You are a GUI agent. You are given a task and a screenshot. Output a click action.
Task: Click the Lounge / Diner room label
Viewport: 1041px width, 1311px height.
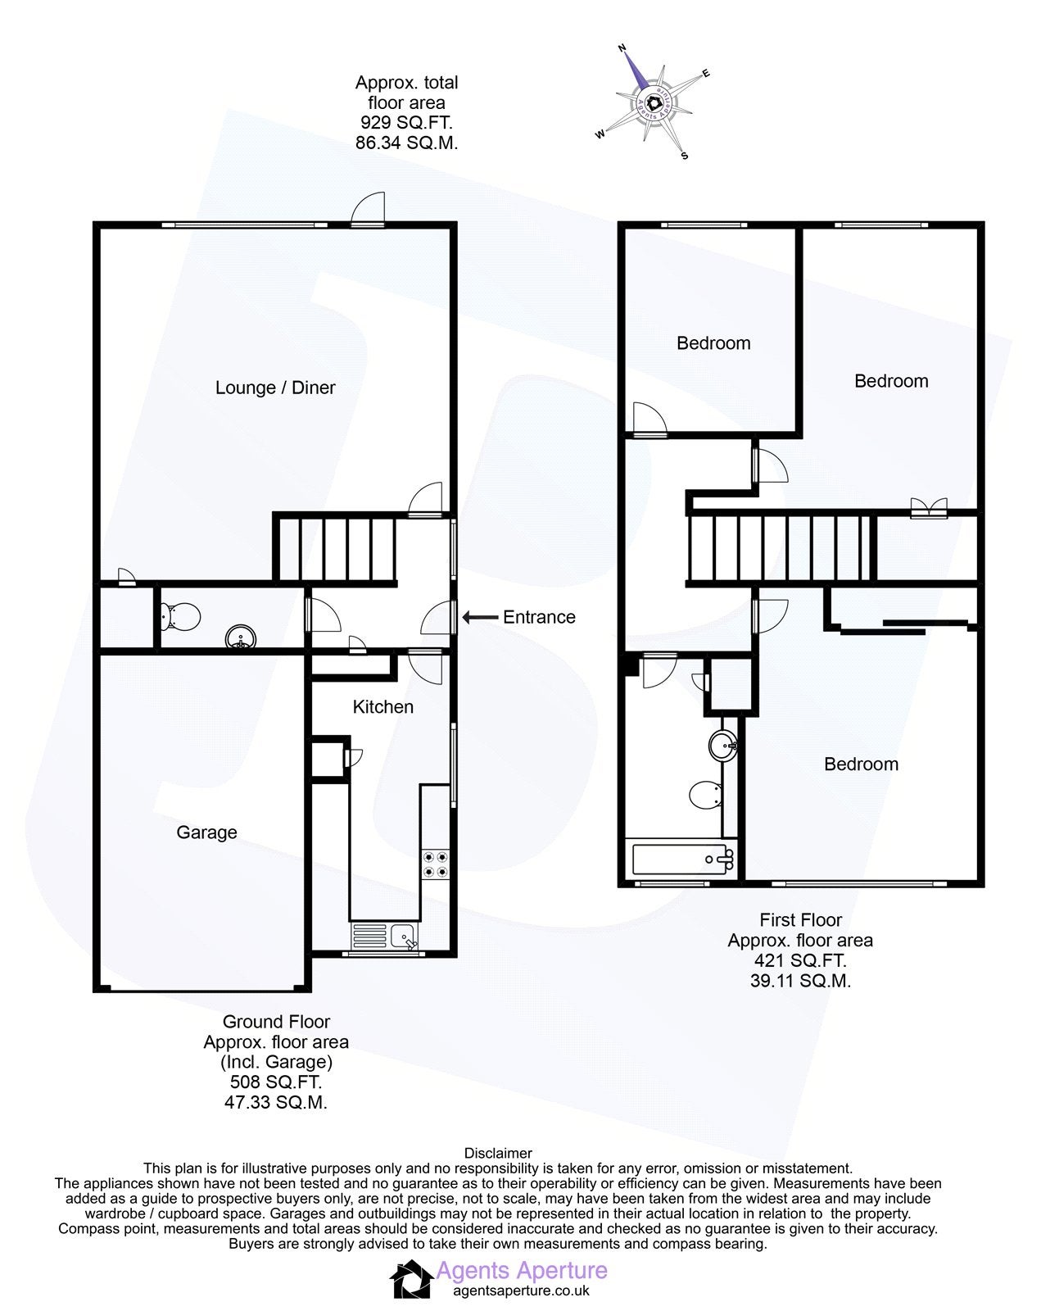(275, 388)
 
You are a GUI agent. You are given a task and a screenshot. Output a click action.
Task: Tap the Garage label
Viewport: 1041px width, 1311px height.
(206, 832)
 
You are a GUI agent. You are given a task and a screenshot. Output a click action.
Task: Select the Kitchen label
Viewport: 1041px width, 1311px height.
(382, 706)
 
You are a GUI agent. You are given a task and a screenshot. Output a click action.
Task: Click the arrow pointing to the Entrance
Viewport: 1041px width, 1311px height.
(480, 618)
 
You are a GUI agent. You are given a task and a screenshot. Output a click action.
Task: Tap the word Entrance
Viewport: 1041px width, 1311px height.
(539, 617)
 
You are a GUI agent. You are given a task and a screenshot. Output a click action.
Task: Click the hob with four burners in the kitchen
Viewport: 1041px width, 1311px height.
(436, 865)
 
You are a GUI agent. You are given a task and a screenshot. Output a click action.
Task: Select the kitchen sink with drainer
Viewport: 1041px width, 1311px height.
(384, 937)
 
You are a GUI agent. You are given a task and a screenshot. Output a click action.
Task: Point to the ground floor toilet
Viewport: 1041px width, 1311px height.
(179, 617)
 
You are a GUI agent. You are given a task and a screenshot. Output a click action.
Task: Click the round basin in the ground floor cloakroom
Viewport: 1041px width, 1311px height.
(241, 637)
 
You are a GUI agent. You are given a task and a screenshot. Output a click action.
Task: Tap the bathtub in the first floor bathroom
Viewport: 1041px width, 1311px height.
(683, 859)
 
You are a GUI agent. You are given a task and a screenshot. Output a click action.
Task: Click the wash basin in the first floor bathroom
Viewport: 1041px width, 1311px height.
(723, 745)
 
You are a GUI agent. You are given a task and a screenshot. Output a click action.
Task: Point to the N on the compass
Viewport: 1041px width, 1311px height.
(622, 48)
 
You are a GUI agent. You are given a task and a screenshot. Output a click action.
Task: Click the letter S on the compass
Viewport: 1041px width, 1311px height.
(684, 156)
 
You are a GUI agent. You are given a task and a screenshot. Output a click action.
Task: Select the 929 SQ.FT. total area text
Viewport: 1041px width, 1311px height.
(406, 122)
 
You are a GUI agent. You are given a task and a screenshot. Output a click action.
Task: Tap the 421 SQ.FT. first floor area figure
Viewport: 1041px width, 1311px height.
(799, 960)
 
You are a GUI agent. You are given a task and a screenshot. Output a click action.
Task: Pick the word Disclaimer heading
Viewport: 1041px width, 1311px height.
(498, 1153)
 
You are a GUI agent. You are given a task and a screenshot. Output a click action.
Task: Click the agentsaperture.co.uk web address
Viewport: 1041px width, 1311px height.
(522, 1291)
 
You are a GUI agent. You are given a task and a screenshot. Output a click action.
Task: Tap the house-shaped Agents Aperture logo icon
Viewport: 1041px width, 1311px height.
(412, 1278)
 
